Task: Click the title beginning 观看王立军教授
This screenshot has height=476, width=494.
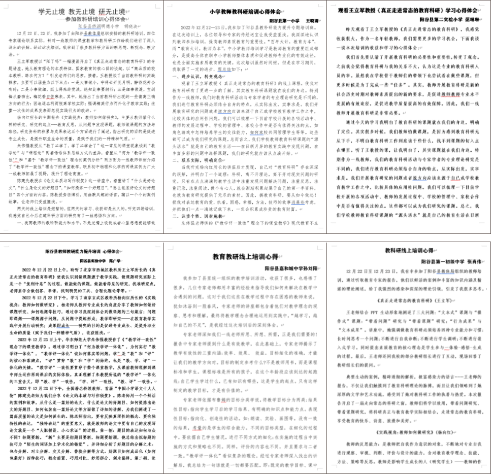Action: point(408,10)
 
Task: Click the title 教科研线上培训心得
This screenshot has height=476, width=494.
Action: point(409,251)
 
